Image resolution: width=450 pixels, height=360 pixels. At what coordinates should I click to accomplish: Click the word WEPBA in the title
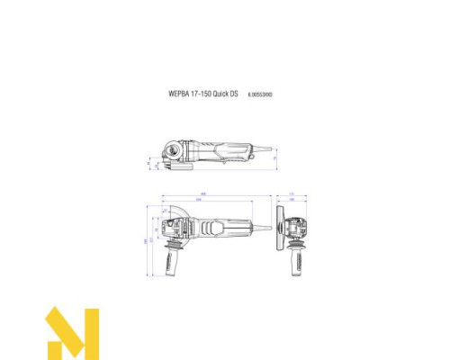pos(176,93)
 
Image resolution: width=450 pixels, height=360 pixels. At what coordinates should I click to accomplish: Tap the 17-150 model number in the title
pos(202,93)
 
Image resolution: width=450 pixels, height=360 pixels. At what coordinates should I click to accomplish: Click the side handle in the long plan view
pos(172,262)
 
